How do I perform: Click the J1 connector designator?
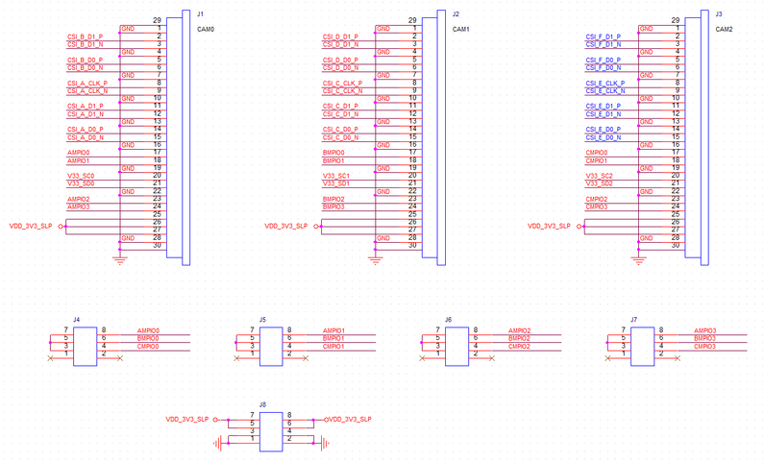coord(199,14)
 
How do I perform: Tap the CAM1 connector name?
coord(460,29)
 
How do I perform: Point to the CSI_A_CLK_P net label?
coord(86,84)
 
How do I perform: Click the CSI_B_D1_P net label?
coord(85,36)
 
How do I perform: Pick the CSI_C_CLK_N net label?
coord(341,91)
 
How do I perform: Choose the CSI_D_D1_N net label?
coord(341,44)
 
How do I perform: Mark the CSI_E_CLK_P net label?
coord(604,84)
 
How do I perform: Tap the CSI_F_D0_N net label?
coord(604,67)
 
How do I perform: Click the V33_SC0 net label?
coord(80,176)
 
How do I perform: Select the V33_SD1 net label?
coord(336,183)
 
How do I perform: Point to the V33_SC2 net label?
coord(600,176)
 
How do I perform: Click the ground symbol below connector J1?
coord(120,256)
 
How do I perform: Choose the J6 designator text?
coord(449,319)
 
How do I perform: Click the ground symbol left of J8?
coord(221,443)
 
